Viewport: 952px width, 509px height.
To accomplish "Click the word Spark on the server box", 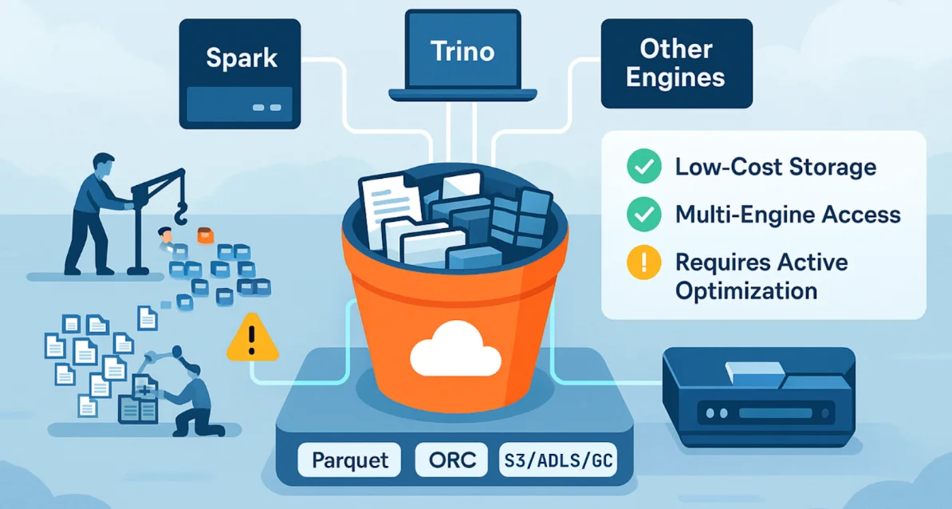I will click(x=242, y=57).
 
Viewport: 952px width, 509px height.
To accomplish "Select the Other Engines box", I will click(x=675, y=63).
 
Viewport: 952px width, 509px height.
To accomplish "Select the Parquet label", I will click(x=350, y=460).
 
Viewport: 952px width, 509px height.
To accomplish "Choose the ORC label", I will click(x=451, y=460).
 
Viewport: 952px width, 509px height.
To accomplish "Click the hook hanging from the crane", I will click(x=181, y=213).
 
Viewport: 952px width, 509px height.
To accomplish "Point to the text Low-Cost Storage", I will click(x=775, y=167).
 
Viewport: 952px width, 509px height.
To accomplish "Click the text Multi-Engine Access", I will click(x=787, y=214).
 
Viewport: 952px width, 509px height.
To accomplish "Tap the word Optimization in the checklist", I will click(x=745, y=290).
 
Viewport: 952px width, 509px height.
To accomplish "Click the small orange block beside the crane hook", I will click(x=207, y=235).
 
